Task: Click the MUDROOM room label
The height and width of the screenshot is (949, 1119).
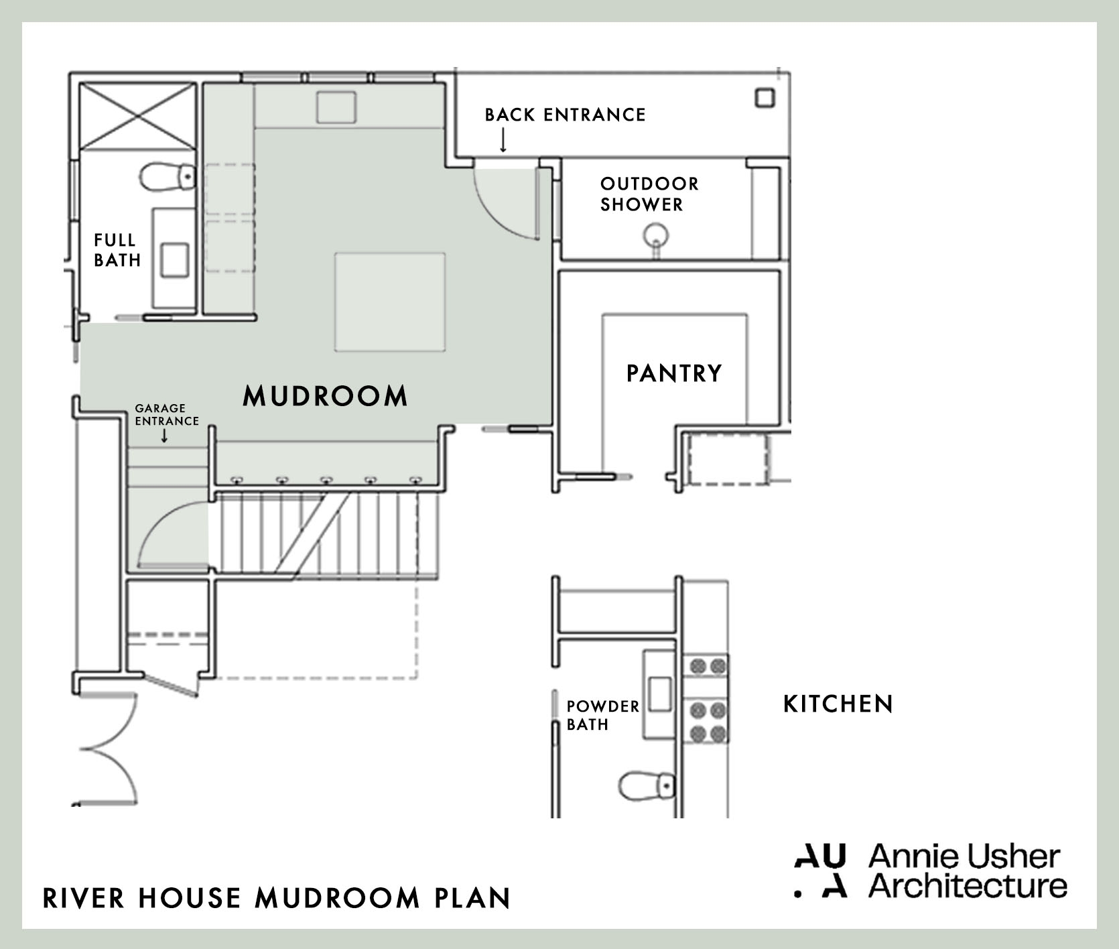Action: pos(325,395)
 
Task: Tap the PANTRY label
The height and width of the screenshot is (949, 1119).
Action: pos(674,373)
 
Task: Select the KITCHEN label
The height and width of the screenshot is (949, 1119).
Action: pos(838,704)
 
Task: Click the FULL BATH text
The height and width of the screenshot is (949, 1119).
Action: pos(117,249)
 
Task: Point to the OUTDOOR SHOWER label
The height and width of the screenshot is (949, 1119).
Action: pos(649,194)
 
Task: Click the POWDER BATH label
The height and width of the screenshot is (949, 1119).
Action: pos(602,715)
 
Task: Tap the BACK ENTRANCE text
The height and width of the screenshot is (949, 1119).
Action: pos(565,115)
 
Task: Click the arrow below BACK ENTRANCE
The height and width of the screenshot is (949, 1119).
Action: pos(503,140)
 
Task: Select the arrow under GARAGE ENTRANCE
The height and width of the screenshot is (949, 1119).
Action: pos(164,436)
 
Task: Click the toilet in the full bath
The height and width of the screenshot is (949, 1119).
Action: pos(166,177)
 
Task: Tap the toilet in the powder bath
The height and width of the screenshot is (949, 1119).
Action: pos(646,785)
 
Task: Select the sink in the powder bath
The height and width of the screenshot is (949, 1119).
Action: pos(660,694)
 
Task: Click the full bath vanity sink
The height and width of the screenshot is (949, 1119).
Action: pos(174,259)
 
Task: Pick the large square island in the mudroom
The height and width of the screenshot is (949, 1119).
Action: pos(389,302)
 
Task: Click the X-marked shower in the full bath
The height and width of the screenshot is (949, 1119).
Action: pos(137,116)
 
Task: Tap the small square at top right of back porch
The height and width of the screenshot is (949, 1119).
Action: pos(765,98)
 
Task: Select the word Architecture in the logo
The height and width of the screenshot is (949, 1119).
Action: pos(968,885)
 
